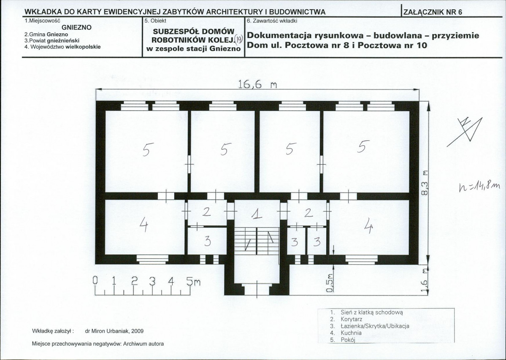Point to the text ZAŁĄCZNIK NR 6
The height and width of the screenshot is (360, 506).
click(433, 12)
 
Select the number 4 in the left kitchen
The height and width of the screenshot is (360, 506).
click(143, 227)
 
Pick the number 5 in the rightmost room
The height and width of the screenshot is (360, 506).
click(362, 147)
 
